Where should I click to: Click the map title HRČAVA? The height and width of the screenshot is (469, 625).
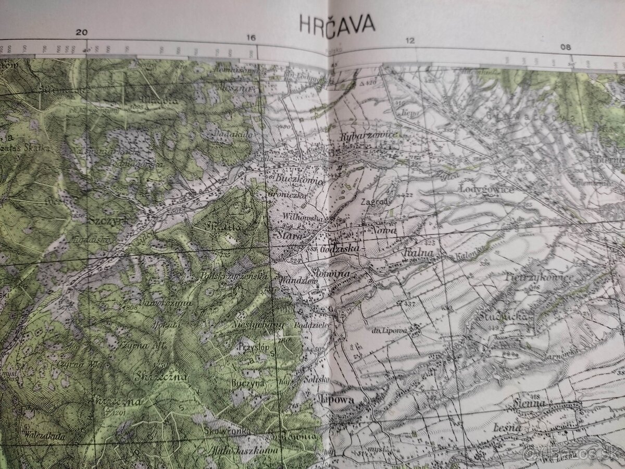[x=330, y=23]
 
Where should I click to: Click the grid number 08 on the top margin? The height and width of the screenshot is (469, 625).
[x=566, y=47]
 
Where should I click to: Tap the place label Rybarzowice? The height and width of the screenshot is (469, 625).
[x=370, y=135]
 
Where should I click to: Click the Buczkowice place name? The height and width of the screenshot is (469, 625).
[x=301, y=180]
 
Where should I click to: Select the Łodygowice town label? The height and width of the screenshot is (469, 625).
[x=487, y=190]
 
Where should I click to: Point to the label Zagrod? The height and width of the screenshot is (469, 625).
[x=373, y=201]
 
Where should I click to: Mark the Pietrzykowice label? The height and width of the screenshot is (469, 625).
[x=539, y=277]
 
